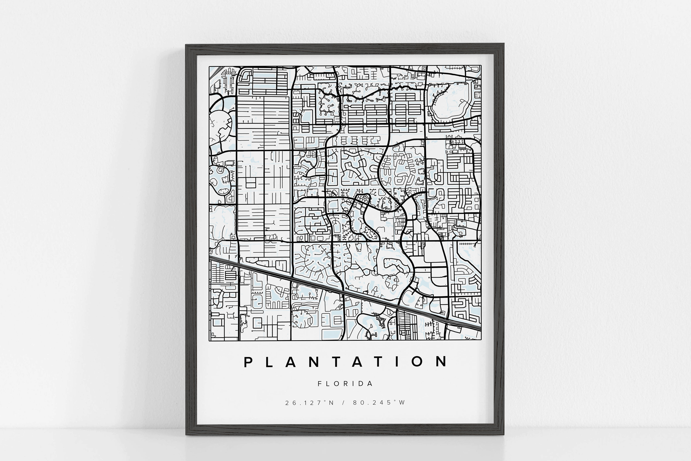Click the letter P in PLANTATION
[248, 362]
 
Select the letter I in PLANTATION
[397, 362]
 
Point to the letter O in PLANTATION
[417, 362]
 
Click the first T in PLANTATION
[334, 362]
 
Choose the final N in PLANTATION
[441, 361]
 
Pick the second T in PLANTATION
[377, 362]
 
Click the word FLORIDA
[345, 384]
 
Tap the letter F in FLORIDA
[320, 384]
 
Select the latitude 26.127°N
[309, 403]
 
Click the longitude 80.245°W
[379, 402]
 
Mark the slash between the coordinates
[343, 403]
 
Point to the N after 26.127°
[331, 403]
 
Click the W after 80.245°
[402, 402]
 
